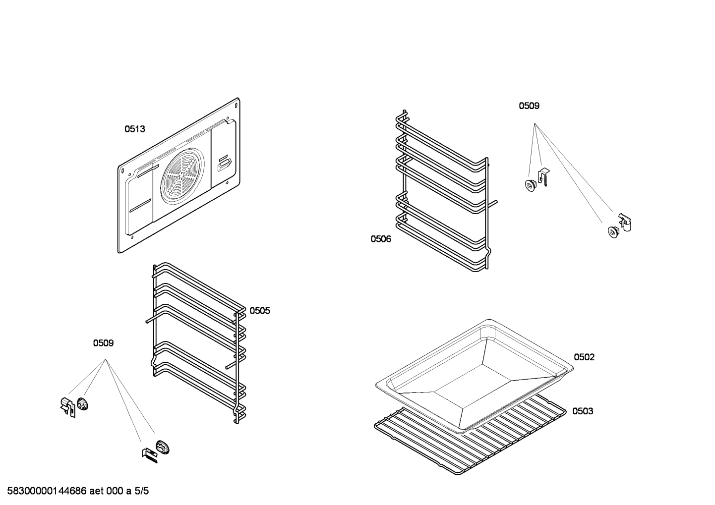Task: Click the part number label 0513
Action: (x=134, y=129)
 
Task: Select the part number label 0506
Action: (x=380, y=239)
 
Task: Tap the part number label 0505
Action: (x=259, y=311)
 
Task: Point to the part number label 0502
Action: (x=584, y=357)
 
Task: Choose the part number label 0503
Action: (x=583, y=411)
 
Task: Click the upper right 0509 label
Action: (x=529, y=106)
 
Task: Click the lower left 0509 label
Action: (x=103, y=343)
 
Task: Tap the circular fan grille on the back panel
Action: (x=182, y=176)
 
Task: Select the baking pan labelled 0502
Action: (x=475, y=377)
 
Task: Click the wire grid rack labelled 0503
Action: (x=470, y=435)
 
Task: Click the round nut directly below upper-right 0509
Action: (x=530, y=186)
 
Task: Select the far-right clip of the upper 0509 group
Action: (x=625, y=222)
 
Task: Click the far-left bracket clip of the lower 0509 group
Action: (x=68, y=407)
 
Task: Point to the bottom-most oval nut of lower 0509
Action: (x=163, y=447)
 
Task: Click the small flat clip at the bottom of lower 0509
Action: (x=150, y=455)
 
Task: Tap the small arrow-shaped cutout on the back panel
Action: (x=223, y=164)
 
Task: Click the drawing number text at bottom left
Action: (x=78, y=491)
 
